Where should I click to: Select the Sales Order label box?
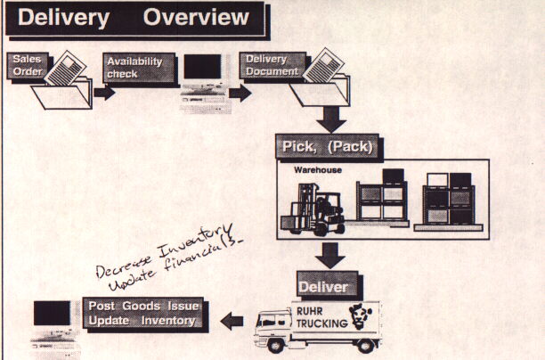coord(27,65)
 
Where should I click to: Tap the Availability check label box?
coord(134,67)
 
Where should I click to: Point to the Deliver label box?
coord(327,287)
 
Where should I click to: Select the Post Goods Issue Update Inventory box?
coord(143,312)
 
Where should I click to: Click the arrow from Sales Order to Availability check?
coord(104,93)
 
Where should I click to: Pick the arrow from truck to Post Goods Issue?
coord(233,318)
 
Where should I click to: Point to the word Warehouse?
coord(318,169)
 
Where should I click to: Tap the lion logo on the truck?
coord(363,317)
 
